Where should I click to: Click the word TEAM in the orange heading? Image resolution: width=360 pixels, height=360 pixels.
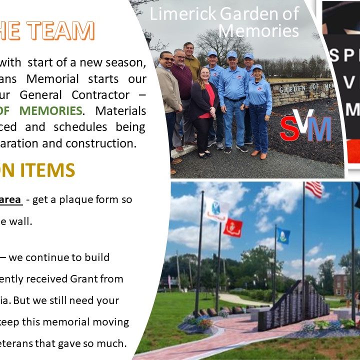[63, 30]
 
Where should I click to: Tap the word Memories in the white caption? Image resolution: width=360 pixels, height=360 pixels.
[258, 31]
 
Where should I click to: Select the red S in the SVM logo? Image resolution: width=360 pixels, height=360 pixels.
[290, 128]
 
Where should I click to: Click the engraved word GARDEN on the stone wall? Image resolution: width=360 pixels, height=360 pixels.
[291, 89]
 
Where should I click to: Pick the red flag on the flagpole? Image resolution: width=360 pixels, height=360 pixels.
[232, 228]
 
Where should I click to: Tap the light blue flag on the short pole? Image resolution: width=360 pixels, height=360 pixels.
[283, 235]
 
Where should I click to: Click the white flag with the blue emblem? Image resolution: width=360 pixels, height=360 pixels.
[215, 209]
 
